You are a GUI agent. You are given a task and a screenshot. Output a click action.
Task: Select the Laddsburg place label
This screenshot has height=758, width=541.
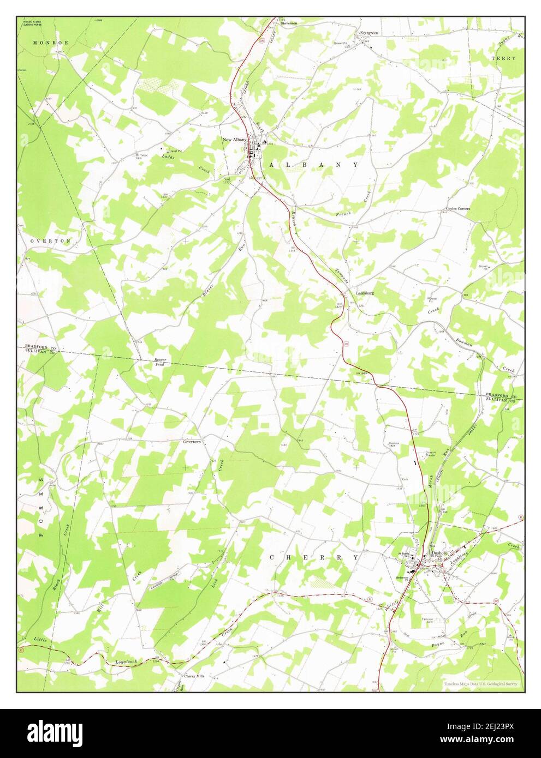tap(365, 292)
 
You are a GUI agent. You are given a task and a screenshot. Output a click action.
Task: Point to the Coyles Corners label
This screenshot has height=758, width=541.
tap(458, 208)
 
